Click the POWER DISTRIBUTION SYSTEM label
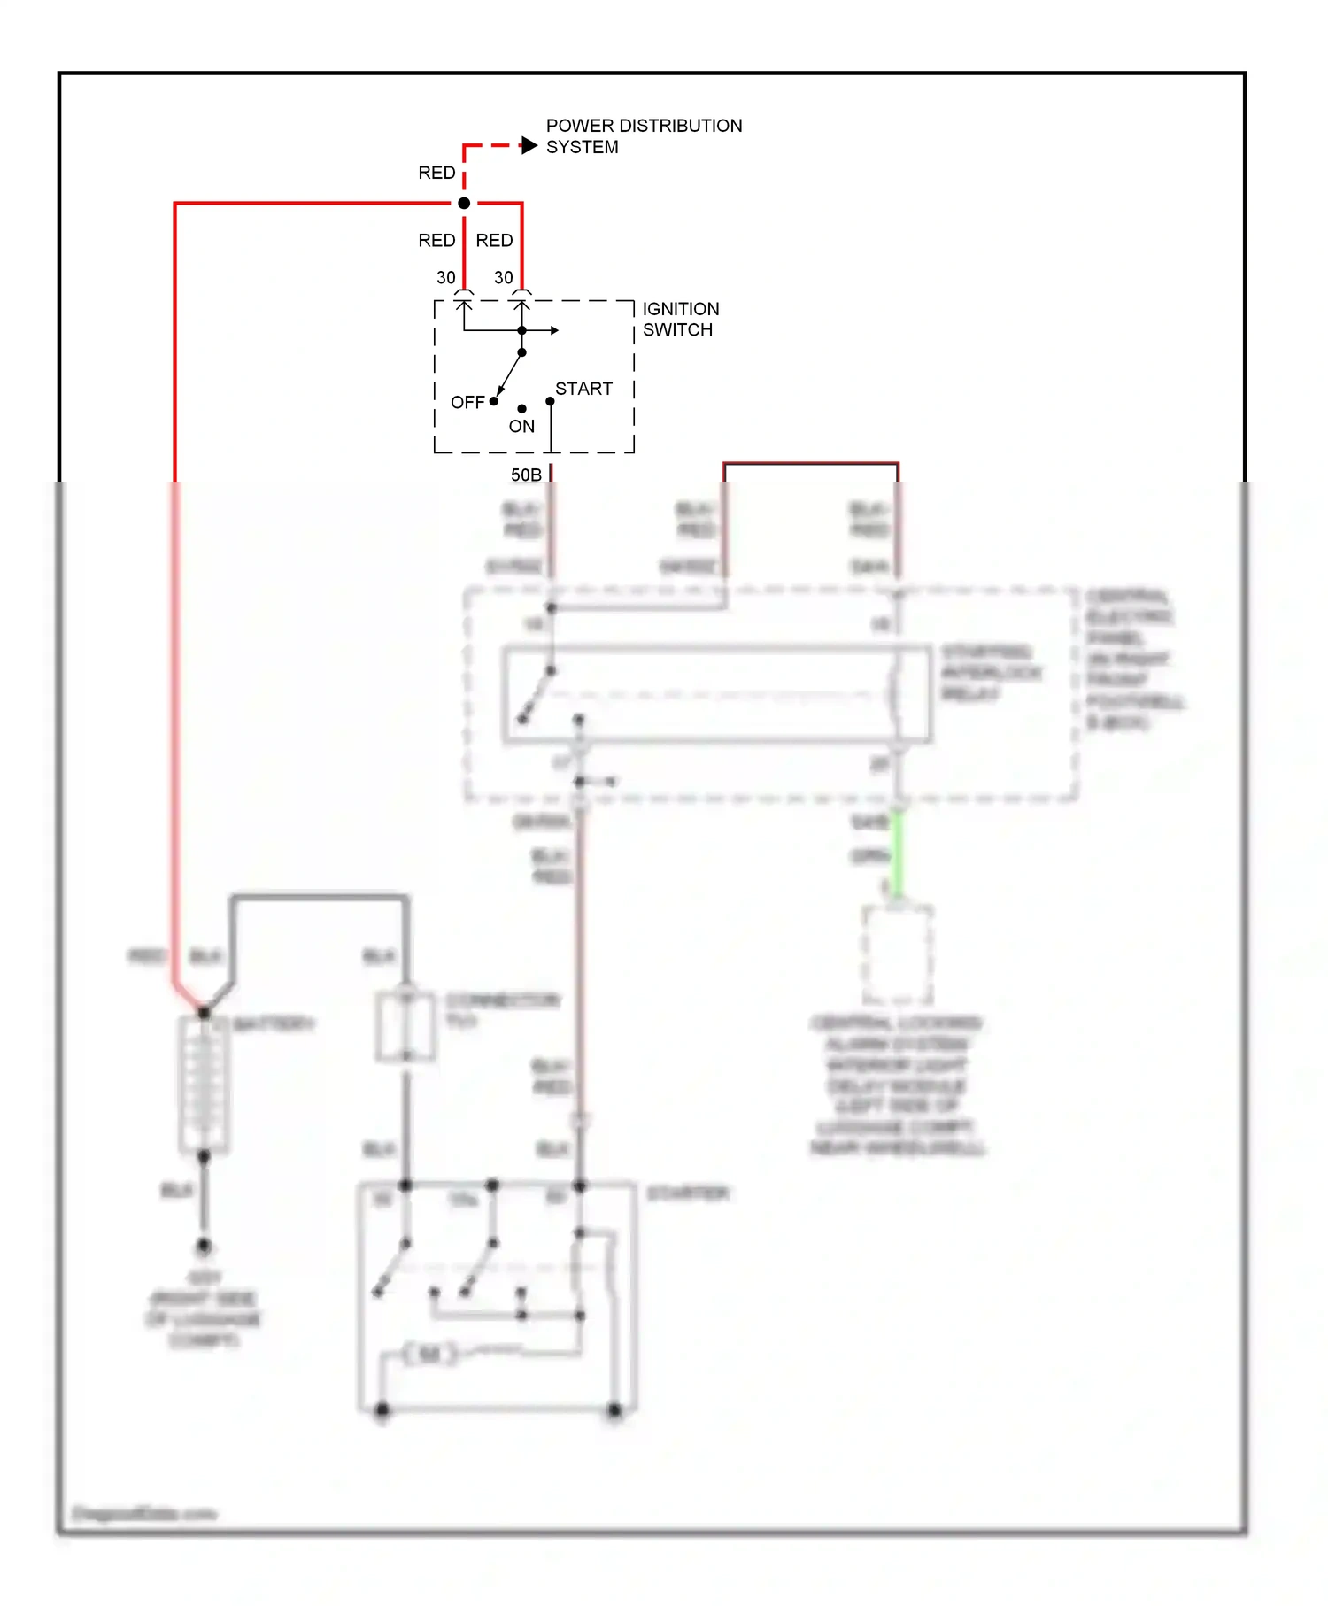coord(644,136)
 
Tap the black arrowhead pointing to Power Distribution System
coord(529,145)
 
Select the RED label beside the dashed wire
coord(436,173)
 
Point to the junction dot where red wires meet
coord(464,204)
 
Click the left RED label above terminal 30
coord(436,241)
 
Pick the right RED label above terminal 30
coord(494,241)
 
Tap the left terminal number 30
coord(446,278)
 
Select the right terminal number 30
coord(504,278)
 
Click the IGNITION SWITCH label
coord(680,320)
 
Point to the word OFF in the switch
coord(467,403)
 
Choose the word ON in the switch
coord(521,427)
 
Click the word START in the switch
coord(583,390)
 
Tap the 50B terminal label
coord(526,475)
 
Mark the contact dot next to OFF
coord(494,401)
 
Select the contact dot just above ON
coord(522,409)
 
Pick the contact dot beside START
coord(551,402)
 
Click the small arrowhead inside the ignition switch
coord(554,331)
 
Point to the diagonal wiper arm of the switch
coord(509,374)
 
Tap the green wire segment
coord(897,854)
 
